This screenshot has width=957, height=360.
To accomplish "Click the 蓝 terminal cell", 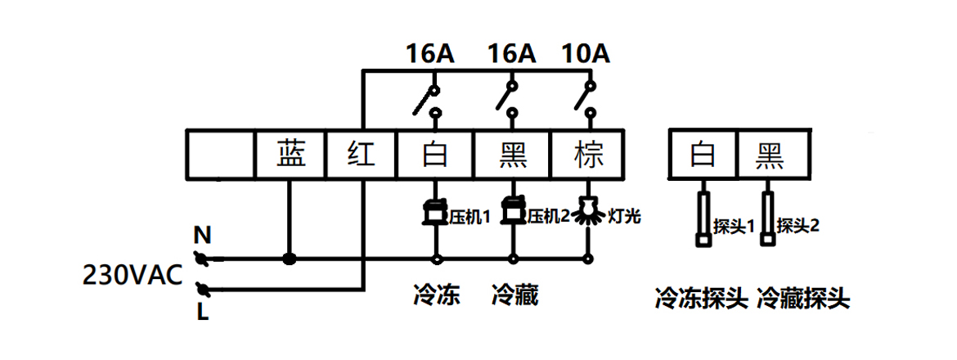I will pos(290,154).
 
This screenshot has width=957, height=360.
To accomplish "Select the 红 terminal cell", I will pos(362,154).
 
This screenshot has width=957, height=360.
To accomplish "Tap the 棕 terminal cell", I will pos(588,154).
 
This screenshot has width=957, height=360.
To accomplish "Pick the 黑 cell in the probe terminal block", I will pos(775,154).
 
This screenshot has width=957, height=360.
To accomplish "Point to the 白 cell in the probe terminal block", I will pos(703,154).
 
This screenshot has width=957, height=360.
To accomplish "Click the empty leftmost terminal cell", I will pos(221,154).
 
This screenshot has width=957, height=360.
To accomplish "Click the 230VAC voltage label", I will pos(133,276).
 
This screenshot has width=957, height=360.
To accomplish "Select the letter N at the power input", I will pos(201,236).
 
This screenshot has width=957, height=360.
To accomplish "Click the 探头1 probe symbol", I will pos(703,218).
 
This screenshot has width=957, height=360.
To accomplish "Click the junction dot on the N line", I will pos(289,259).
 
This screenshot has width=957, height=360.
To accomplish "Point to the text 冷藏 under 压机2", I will pos(514,295).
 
